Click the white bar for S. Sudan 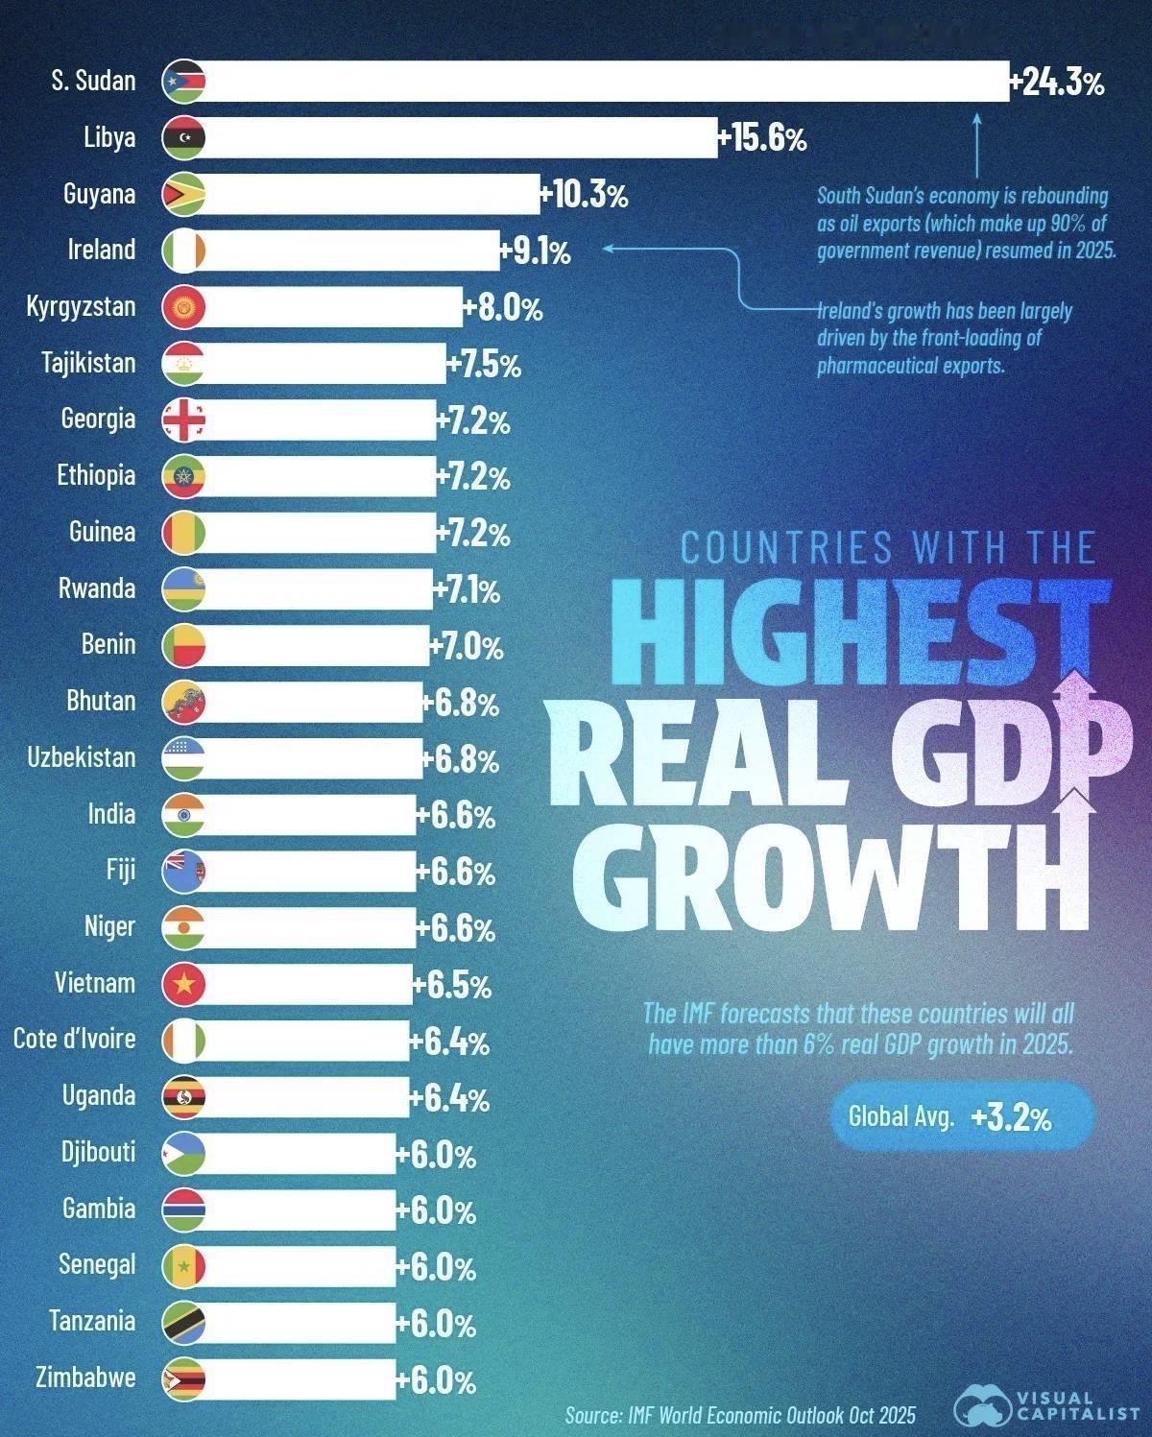(605, 82)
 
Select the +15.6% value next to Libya (764, 139)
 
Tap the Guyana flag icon (183, 194)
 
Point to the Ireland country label (101, 250)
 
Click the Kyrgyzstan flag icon (183, 307)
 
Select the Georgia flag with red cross (183, 420)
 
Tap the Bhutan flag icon (183, 703)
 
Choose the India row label (111, 814)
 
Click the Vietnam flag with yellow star (183, 984)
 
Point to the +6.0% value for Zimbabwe (437, 1380)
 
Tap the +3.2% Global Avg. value (1011, 1117)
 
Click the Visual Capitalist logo (1046, 1407)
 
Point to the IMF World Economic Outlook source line (740, 1415)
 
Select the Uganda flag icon (183, 1097)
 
